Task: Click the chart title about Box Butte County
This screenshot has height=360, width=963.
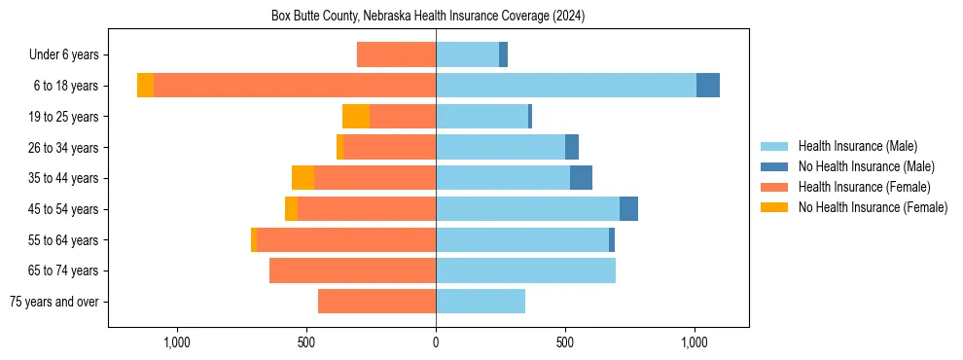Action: pos(428,17)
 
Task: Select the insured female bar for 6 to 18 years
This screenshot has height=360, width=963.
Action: pos(294,86)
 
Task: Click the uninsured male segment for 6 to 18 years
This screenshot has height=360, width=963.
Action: pos(708,86)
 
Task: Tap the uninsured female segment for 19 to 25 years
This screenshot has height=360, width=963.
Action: pos(356,117)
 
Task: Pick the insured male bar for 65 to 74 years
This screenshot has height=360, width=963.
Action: pos(525,270)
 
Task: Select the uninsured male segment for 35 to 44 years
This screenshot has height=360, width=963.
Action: pos(581,178)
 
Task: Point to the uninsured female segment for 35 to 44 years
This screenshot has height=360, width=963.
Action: pos(303,178)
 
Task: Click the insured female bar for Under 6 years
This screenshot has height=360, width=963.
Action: pos(396,54)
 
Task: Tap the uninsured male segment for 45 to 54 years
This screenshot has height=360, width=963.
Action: pos(628,209)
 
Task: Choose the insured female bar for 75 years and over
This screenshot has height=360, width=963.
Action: pos(376,302)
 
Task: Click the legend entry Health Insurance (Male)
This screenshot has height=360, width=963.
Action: pos(857,146)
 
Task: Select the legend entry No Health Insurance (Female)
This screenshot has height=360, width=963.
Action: pos(873,207)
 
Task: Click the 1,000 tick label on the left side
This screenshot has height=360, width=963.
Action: pos(177,342)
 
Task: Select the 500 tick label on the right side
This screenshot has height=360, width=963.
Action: pos(565,342)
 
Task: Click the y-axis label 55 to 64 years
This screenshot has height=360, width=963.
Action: pos(63,240)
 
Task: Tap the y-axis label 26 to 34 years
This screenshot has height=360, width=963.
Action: pos(63,148)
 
